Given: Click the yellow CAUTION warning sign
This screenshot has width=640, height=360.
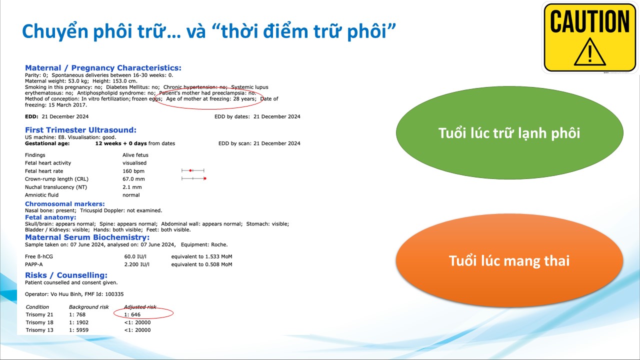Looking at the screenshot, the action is (589, 37).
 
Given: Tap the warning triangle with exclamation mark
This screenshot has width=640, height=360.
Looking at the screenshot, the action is (589, 52).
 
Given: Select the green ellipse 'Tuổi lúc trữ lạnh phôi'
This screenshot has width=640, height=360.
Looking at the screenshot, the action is (509, 133).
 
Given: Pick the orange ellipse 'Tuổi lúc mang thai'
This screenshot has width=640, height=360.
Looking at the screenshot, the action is (509, 260).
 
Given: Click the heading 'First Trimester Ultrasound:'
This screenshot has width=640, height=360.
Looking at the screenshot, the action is (80, 130).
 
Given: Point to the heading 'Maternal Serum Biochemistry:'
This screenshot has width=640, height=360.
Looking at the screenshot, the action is (87, 237).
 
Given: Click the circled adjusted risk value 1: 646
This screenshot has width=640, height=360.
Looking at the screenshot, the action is (132, 314).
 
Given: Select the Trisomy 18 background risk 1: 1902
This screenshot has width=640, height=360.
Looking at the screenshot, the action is (78, 322).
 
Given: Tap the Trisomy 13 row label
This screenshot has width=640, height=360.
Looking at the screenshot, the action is (39, 330).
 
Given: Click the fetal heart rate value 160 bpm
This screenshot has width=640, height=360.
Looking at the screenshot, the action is (133, 171).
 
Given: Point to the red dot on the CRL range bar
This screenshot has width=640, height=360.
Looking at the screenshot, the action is (205, 178).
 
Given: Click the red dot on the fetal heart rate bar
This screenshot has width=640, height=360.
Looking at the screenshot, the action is (190, 170).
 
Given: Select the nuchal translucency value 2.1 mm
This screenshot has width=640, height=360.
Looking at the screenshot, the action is (132, 187).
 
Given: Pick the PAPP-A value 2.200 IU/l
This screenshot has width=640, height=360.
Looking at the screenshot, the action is (136, 264).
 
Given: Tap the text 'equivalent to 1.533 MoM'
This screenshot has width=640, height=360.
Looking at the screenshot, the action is (201, 256).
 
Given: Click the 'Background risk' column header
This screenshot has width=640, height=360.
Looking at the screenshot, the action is (89, 307).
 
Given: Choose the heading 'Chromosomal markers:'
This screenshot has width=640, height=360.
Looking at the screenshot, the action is (65, 204).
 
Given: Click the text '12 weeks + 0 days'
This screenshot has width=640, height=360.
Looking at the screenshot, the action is (121, 143).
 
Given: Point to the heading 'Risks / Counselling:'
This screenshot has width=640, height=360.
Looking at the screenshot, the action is (66, 275).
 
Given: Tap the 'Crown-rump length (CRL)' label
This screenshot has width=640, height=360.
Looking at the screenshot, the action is (56, 179).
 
